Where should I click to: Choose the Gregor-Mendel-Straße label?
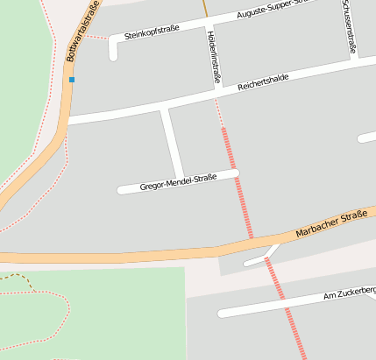tap(178, 182)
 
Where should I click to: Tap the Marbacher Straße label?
tap(330, 227)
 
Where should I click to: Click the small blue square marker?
tap(72, 80)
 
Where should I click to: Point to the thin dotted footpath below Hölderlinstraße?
tap(219, 112)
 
